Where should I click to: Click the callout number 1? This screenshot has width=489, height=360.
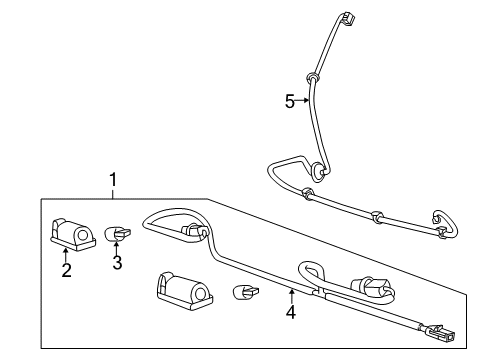[x=113, y=180]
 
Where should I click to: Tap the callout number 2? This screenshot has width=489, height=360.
[x=66, y=270]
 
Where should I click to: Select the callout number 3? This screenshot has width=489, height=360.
[x=116, y=263]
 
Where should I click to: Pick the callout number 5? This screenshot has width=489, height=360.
[x=290, y=101]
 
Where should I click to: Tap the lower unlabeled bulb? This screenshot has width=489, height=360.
[x=243, y=294]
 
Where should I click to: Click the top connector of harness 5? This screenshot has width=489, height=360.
[x=347, y=20]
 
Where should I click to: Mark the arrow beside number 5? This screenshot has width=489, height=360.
[x=303, y=101]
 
